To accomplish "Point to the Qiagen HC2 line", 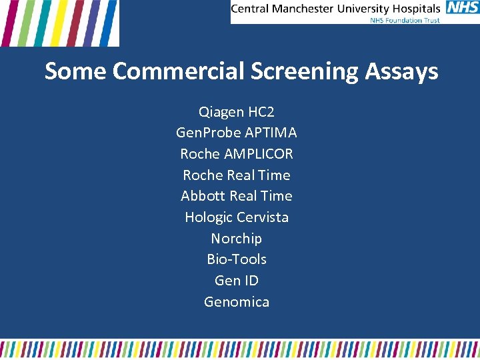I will click(237, 111).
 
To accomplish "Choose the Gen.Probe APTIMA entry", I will click(237, 133).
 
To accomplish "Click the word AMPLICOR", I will click(258, 154).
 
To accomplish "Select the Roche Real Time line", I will click(237, 175).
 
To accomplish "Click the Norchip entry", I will click(237, 239).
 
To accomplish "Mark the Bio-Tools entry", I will click(237, 259).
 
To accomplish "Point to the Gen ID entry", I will click(237, 281).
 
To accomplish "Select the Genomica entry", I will click(237, 302).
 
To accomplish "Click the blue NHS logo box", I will click(461, 8).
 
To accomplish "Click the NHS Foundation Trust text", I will click(405, 19).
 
